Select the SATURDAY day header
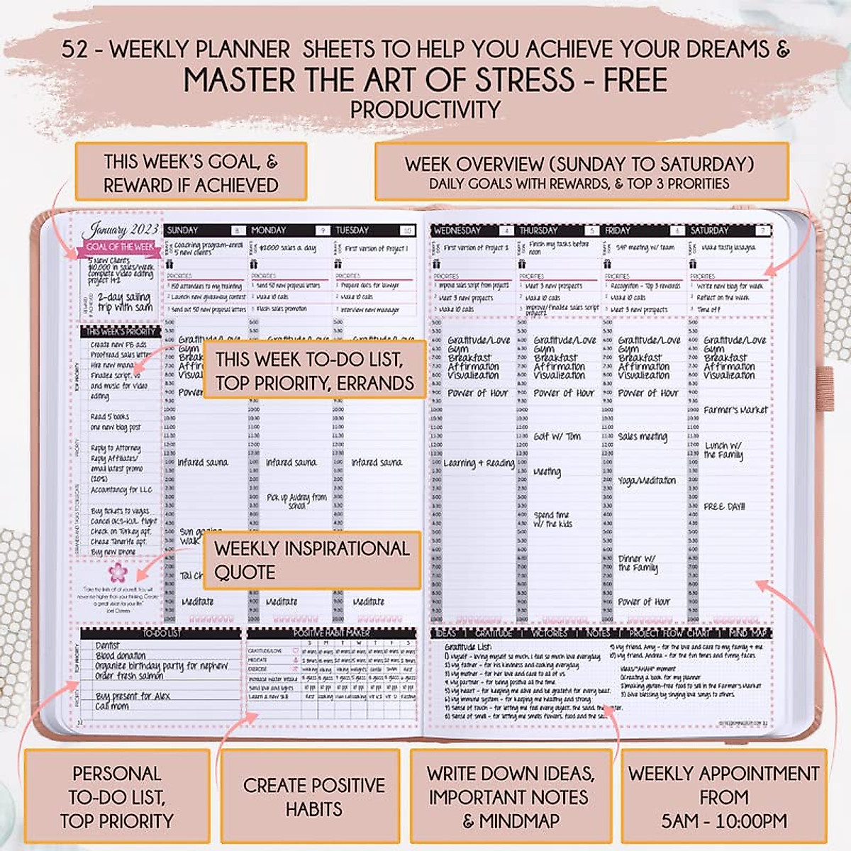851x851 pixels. point(709,230)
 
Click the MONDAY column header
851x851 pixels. point(269,230)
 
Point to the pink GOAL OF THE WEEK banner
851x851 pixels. point(120,247)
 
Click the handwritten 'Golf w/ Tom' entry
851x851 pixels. point(557,437)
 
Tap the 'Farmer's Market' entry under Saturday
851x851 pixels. point(735,410)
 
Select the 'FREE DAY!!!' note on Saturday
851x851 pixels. point(724,506)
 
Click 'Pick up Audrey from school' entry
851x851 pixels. point(296,501)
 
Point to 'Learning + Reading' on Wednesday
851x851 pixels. point(479,463)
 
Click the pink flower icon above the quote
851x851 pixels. point(117,572)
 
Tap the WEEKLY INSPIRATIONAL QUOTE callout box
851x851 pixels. point(312,560)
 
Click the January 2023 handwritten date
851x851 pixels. point(120,229)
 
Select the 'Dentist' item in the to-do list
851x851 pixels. point(107,646)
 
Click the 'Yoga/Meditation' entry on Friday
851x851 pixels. point(647,481)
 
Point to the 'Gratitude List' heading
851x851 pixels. point(468,647)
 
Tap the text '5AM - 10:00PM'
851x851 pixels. point(724,821)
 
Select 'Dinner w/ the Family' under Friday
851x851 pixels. point(637,563)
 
